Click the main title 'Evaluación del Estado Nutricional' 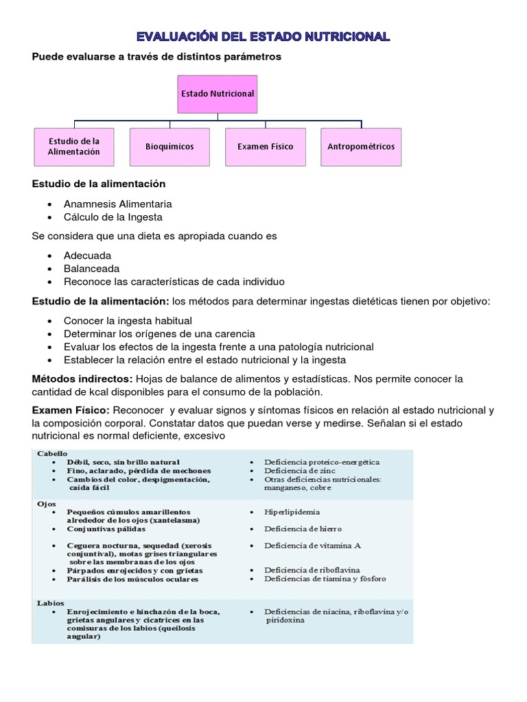(x=263, y=36)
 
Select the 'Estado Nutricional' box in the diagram (x=217, y=93)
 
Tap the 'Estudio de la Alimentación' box (x=74, y=146)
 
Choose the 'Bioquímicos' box (x=169, y=147)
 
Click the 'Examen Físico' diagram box (x=265, y=147)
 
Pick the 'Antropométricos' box (x=361, y=147)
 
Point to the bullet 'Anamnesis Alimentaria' (x=117, y=204)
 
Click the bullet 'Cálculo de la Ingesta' (x=113, y=217)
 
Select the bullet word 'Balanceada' (x=92, y=269)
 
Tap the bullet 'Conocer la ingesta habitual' (x=128, y=320)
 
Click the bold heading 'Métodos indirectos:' (x=82, y=378)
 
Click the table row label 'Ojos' (x=45, y=503)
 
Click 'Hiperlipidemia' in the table (x=292, y=512)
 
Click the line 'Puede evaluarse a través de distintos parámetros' (x=156, y=57)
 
